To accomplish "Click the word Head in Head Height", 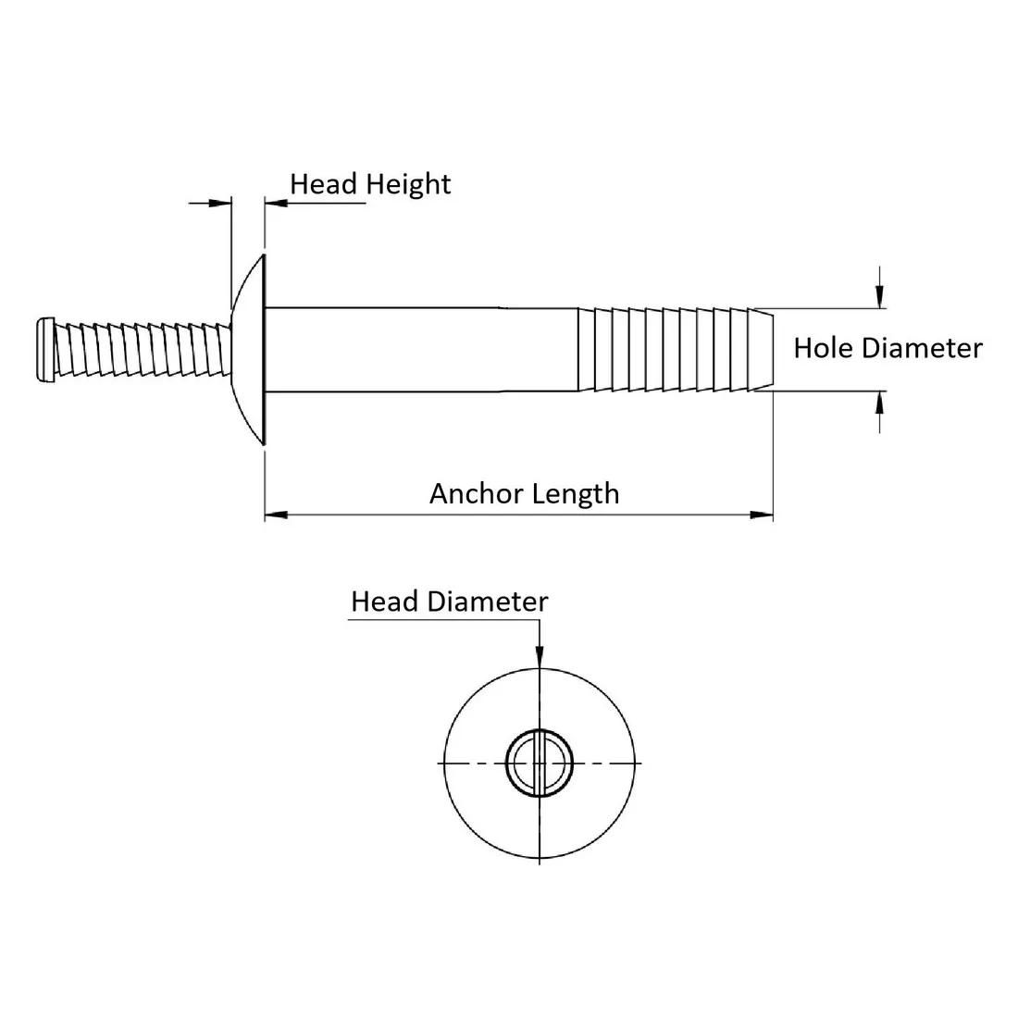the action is coord(323,184).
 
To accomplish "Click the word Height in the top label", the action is coord(408,185).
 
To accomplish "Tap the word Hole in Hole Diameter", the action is coord(823,348).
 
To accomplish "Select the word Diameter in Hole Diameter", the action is coord(921,348).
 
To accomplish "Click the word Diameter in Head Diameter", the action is coord(488,602).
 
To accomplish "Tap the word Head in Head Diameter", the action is coord(384,602).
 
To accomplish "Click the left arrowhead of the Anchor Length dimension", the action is coord(276,515).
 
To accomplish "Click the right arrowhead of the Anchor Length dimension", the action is coord(762,515).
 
